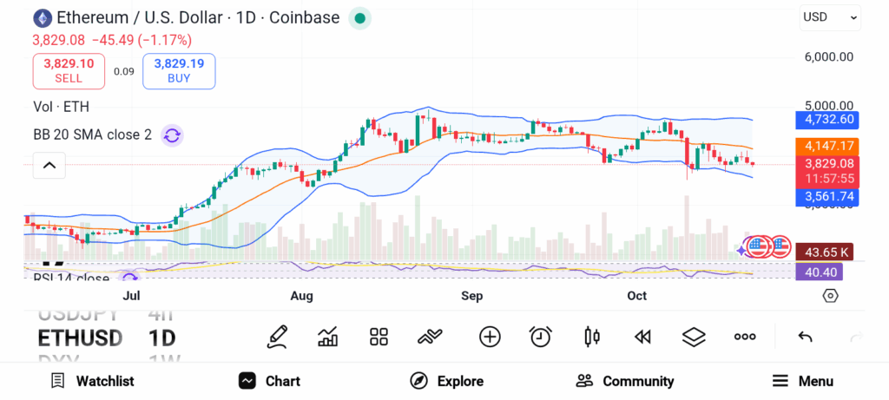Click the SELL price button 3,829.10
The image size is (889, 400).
click(x=69, y=70)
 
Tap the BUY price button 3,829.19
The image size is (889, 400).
click(x=179, y=70)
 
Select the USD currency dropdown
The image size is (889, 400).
click(x=830, y=16)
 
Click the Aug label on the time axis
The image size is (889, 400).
click(x=301, y=296)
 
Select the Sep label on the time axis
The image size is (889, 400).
click(x=471, y=296)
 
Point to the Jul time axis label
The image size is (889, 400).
click(x=131, y=296)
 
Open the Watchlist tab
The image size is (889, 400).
click(x=92, y=381)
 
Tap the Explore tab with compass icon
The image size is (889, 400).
click(x=447, y=381)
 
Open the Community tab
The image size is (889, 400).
click(x=625, y=381)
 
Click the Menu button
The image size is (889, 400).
click(x=802, y=381)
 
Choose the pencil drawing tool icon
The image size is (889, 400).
click(x=277, y=337)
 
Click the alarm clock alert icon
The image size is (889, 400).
click(x=541, y=337)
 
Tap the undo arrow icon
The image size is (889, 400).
click(x=805, y=337)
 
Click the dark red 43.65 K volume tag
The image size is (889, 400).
click(x=824, y=252)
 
